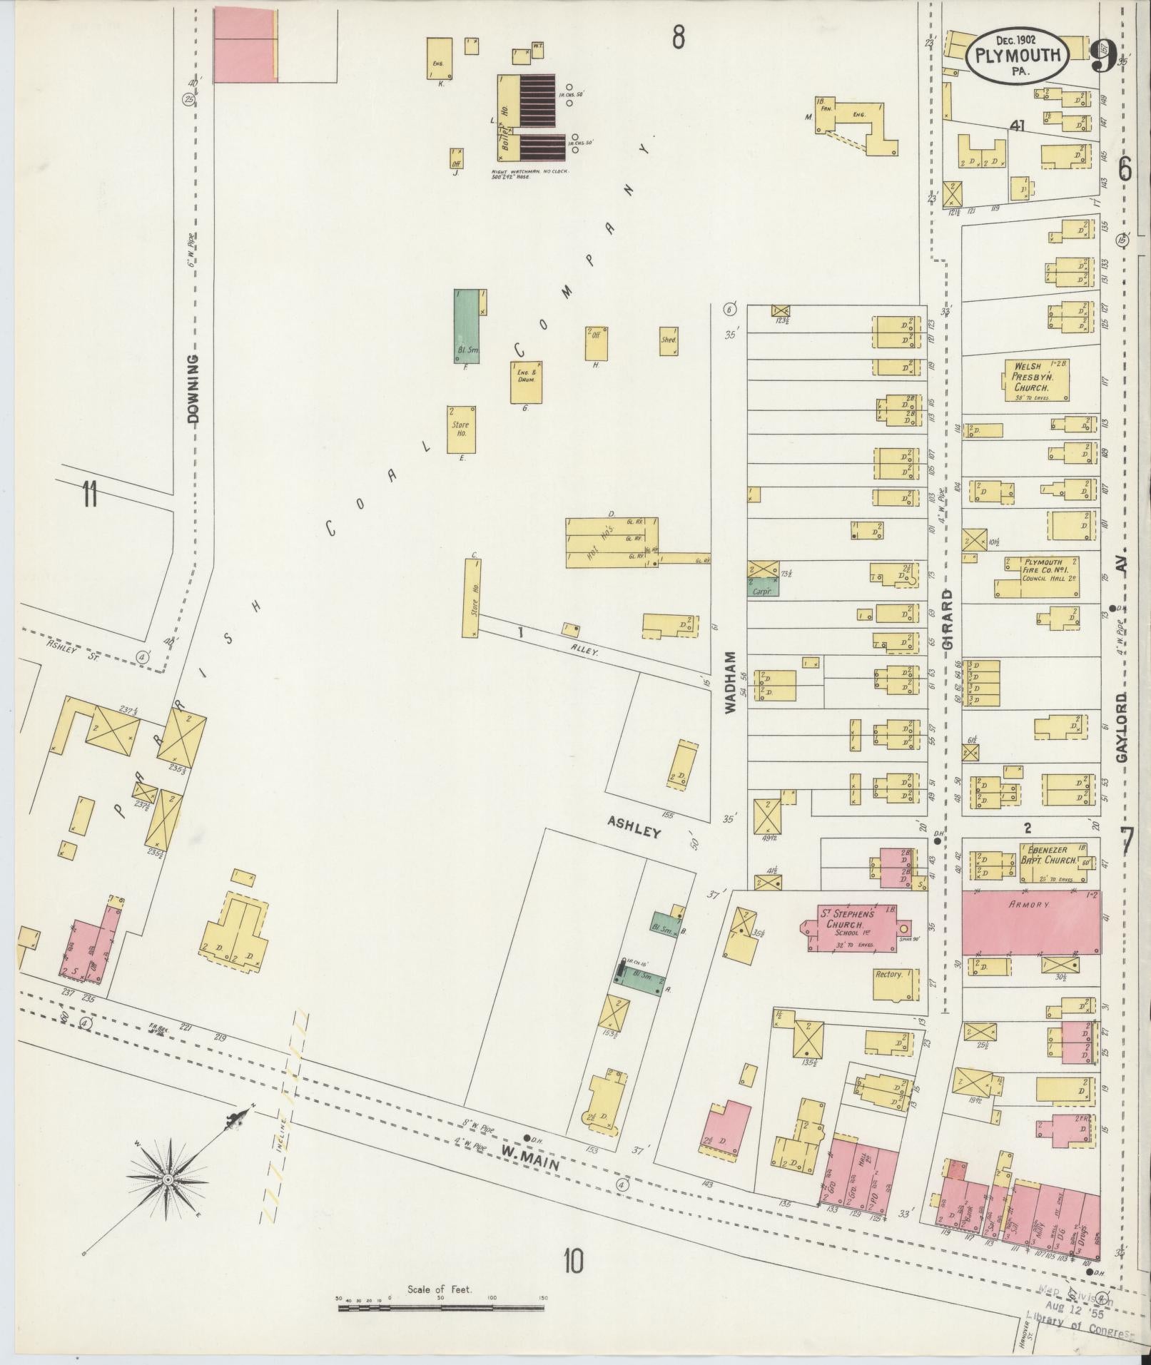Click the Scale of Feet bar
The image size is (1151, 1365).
coord(441,1308)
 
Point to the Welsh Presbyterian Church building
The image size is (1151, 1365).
coord(1035,379)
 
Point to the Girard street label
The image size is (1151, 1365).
coord(948,619)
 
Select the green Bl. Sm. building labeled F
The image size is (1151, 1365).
coord(466,326)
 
